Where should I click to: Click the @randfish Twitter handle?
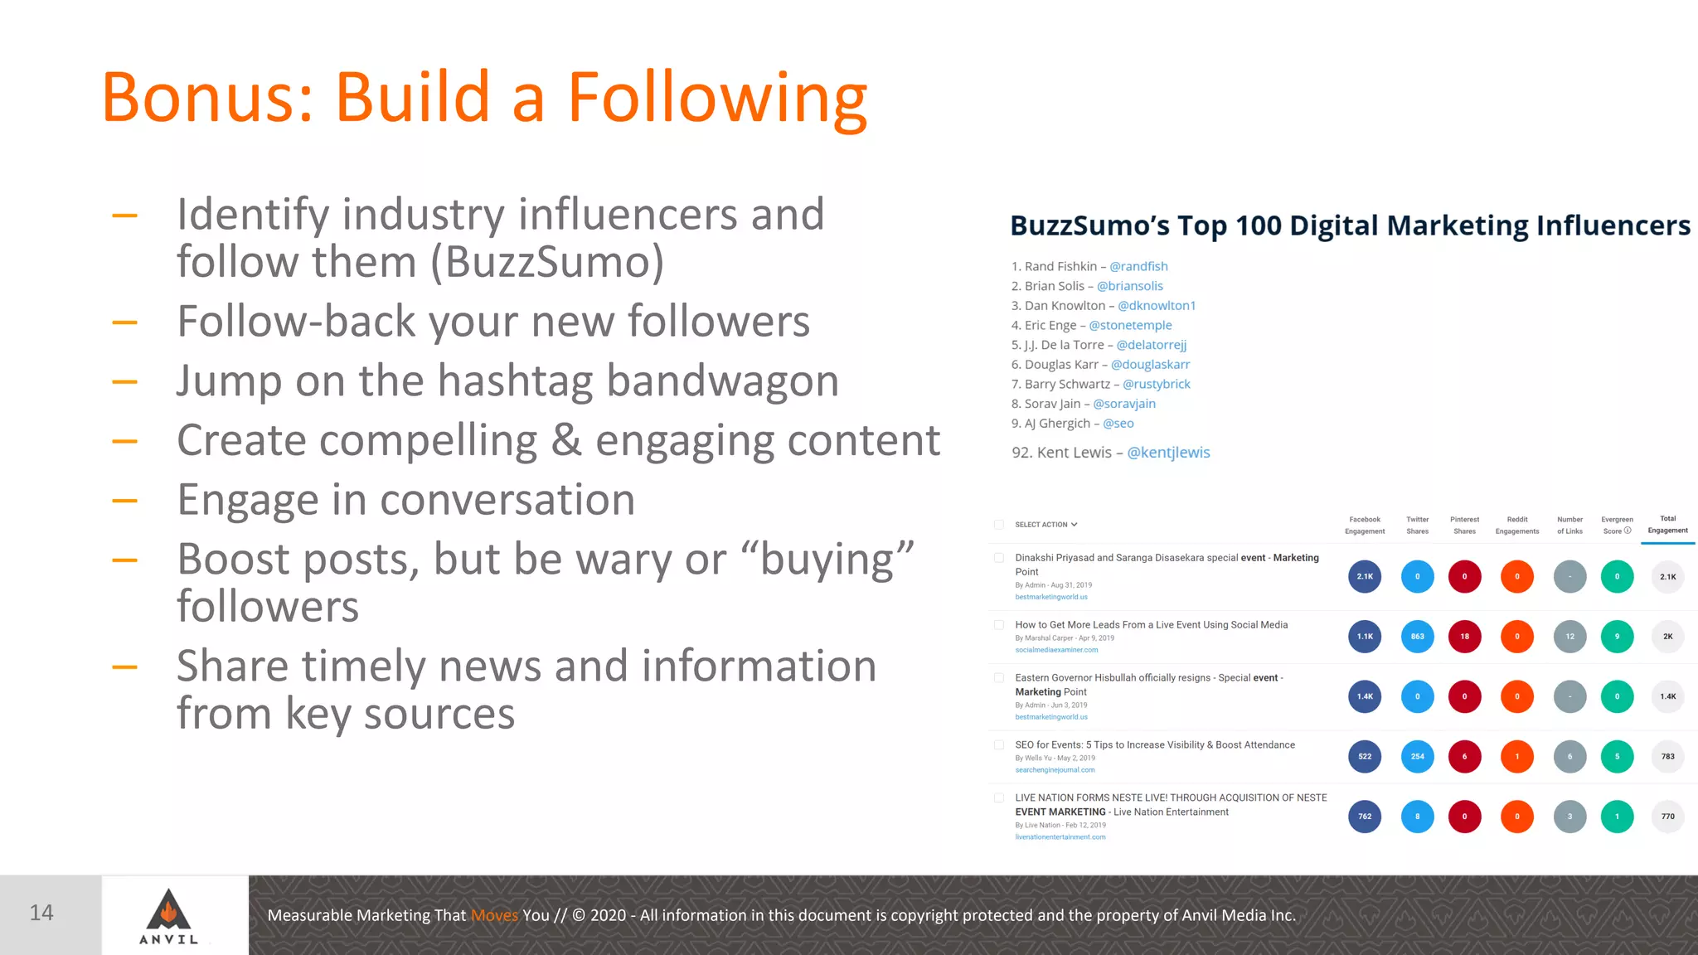pyautogui.click(x=1138, y=266)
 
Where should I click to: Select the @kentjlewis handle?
pyautogui.click(x=1168, y=453)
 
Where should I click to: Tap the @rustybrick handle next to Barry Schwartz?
pyautogui.click(x=1157, y=384)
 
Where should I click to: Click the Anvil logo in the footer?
pyautogui.click(x=168, y=915)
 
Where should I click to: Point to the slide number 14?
pyautogui.click(x=41, y=913)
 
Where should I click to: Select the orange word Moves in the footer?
pyautogui.click(x=494, y=915)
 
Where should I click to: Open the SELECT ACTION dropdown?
pyautogui.click(x=1045, y=525)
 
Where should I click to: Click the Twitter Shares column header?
pyautogui.click(x=1417, y=525)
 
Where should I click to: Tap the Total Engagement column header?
pyautogui.click(x=1667, y=525)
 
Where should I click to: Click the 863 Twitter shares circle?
pyautogui.click(x=1417, y=637)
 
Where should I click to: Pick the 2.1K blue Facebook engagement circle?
pyautogui.click(x=1365, y=577)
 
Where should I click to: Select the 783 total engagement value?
pyautogui.click(x=1667, y=756)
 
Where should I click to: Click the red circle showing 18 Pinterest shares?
pyautogui.click(x=1464, y=637)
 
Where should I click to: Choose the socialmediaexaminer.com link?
pyautogui.click(x=1056, y=650)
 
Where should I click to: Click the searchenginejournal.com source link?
pyautogui.click(x=1055, y=770)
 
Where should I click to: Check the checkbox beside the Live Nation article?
pyautogui.click(x=999, y=798)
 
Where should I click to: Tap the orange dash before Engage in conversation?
pyautogui.click(x=124, y=501)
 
